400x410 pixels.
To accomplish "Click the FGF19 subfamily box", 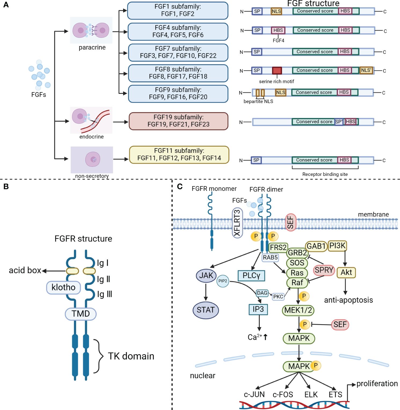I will pos(178,121).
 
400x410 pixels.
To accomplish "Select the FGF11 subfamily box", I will pos(179,155).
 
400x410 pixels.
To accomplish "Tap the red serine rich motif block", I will pos(277,71).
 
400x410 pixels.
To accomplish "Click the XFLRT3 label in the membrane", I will pos(237,223).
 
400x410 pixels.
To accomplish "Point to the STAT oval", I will pos(206,310).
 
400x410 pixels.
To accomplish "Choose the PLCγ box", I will pos(251,275).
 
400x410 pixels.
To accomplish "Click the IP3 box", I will pos(258,309).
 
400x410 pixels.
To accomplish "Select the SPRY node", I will pos(324,270).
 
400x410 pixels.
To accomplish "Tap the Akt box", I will pos(346,272).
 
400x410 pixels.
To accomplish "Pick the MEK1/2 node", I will pos(298,310).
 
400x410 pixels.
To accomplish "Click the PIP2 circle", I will pos(223,281).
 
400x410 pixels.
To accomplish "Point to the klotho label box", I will pos(64,287).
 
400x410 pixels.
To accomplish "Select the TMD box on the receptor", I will pos(80,313).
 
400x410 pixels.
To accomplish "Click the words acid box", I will pos(25,270).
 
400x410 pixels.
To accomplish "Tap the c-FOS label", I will pos(283,394).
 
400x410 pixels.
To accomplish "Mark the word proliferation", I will pos(377,384).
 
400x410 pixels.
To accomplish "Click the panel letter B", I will pos(6,186).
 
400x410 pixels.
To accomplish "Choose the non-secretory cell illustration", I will pos(92,160).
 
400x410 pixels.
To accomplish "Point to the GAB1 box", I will pos(316,246).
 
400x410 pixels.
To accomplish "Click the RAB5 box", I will pos(270,257).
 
